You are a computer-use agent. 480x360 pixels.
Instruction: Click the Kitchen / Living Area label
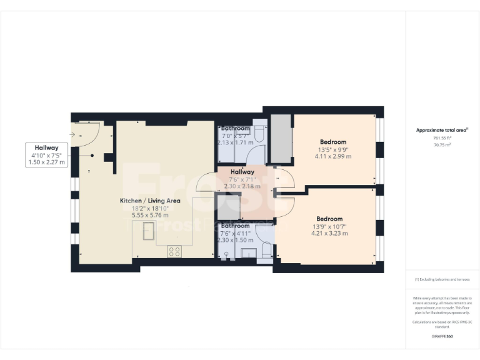(151, 201)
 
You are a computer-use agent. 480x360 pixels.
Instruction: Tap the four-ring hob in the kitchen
(174, 252)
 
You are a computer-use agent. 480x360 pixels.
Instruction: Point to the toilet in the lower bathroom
(267, 249)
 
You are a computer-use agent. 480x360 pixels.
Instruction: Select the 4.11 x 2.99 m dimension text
(332, 156)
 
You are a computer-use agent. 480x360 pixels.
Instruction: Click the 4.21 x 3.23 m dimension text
(329, 233)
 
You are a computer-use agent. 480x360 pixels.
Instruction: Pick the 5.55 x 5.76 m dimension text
(151, 215)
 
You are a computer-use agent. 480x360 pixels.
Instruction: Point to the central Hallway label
(242, 172)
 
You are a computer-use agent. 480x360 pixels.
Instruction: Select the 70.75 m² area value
(442, 144)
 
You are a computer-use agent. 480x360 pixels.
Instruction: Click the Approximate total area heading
(442, 130)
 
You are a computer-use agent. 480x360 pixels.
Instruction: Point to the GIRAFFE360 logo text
(442, 336)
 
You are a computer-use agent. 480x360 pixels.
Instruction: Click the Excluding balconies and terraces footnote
(442, 279)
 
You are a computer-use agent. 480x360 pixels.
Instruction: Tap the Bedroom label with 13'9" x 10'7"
(329, 218)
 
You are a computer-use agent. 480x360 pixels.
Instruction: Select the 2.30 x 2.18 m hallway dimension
(242, 186)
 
